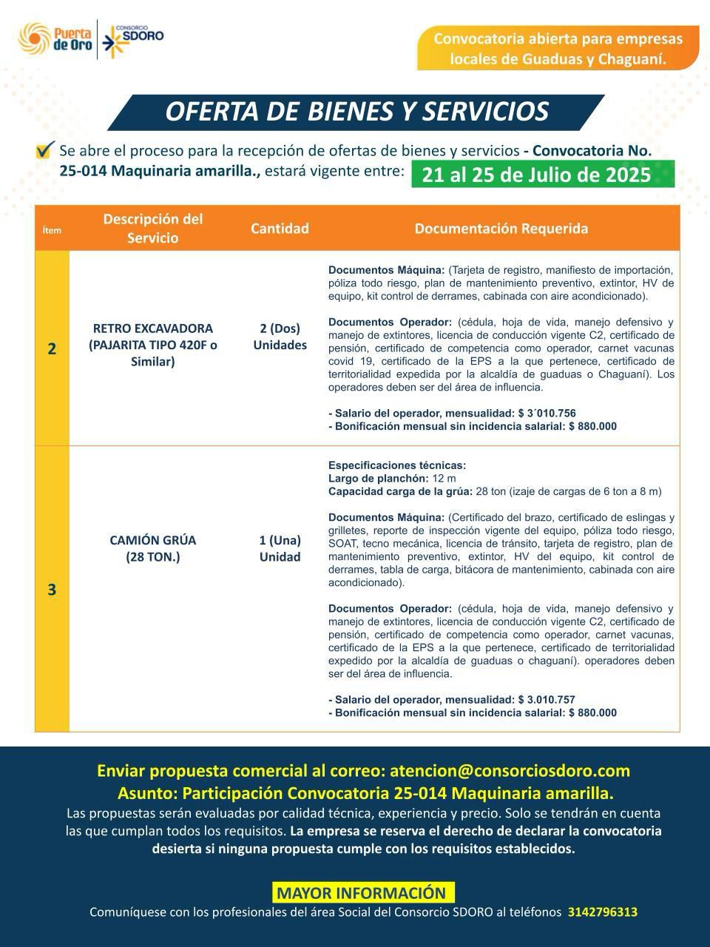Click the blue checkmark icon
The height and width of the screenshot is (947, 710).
[x=45, y=150]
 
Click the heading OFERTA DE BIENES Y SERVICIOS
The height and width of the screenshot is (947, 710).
[x=356, y=112]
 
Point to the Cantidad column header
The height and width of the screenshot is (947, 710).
[x=280, y=229]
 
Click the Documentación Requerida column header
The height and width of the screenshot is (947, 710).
[x=501, y=229]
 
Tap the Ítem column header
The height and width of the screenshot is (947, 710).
[x=52, y=230]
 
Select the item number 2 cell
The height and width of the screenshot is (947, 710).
[x=52, y=348]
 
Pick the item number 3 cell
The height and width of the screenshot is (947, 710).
[x=52, y=590]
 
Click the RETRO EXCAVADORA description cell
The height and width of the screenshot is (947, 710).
[x=152, y=345]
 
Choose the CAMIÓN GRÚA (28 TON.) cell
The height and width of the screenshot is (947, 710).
[x=152, y=548]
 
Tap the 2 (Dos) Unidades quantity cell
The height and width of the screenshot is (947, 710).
[x=280, y=337]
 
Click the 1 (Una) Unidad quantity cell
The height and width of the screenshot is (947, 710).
[x=280, y=548]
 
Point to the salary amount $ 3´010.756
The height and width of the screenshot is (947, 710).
[x=547, y=414]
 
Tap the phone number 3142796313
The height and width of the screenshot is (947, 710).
[x=602, y=912]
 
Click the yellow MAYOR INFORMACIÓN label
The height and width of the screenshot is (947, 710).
[x=361, y=893]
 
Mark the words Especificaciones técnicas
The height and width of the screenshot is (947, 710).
[x=397, y=465]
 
